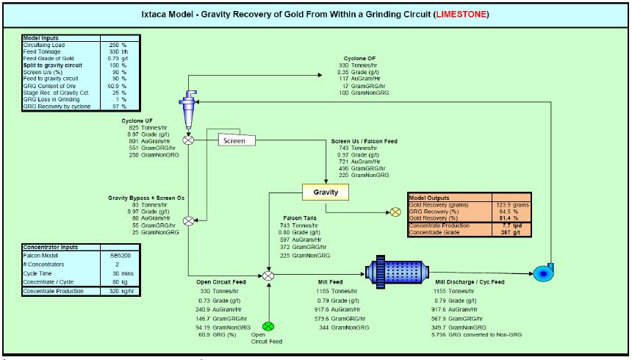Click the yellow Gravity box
(326, 192)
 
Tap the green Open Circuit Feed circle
(269, 326)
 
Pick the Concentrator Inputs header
(51, 248)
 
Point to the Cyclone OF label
(361, 58)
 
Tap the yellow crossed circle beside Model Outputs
(395, 212)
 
